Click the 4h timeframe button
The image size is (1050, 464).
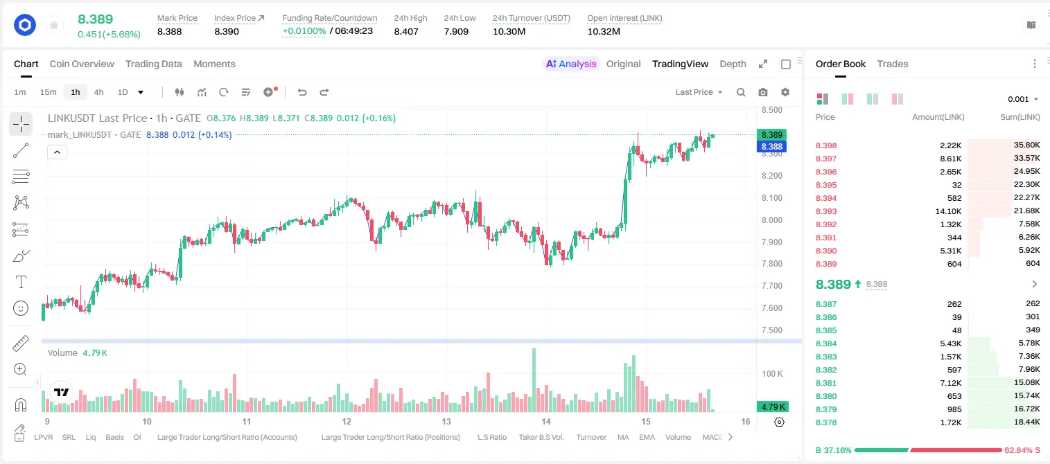(x=98, y=92)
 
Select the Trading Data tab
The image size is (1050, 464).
(x=153, y=64)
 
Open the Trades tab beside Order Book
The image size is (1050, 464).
(x=893, y=64)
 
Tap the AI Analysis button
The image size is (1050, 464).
(x=571, y=64)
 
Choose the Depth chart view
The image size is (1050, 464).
(x=733, y=64)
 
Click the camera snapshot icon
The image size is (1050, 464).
(x=763, y=92)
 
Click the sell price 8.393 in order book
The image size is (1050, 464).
(x=826, y=211)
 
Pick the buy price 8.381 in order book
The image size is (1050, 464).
(x=826, y=382)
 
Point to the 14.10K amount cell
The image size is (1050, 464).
(x=948, y=211)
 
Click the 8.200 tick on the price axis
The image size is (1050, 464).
(x=771, y=176)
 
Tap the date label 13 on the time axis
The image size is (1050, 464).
(x=446, y=421)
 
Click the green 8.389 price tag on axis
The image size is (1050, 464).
(x=771, y=135)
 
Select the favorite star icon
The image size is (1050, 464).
(x=54, y=25)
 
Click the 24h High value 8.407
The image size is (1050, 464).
(x=406, y=31)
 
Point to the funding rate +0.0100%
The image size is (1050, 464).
(x=304, y=31)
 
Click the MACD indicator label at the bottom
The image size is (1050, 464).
(x=712, y=437)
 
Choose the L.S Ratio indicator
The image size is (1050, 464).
(x=491, y=437)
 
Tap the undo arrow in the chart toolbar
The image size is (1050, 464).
(x=302, y=92)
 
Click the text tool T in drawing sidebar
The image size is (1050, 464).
(x=21, y=282)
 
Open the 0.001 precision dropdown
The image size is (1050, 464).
(x=1023, y=99)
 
